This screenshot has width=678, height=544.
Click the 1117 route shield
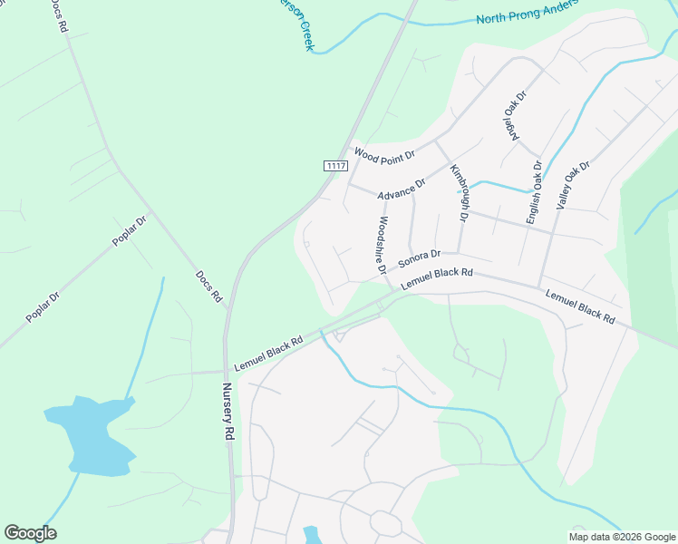pos(335,165)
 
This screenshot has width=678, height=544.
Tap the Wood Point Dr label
pos(383,155)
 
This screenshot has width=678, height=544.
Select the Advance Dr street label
pos(402,189)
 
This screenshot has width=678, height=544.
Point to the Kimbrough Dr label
pos(459,193)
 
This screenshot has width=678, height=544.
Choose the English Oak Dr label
pos(534,193)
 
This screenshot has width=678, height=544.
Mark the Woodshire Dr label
pos(383,246)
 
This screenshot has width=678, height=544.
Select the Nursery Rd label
pos(228,411)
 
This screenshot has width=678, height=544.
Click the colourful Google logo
pos(30,533)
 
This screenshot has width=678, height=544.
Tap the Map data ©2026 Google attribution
pos(623,537)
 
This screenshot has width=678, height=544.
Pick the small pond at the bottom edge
pos(313,535)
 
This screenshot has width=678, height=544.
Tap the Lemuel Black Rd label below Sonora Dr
pos(437,277)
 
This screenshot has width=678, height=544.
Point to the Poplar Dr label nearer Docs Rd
pos(129,231)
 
